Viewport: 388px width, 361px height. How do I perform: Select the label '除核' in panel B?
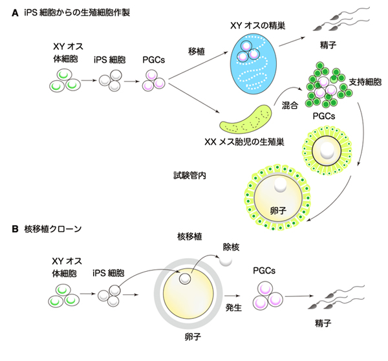click(232, 246)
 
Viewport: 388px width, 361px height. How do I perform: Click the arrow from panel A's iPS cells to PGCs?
click(133, 83)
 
